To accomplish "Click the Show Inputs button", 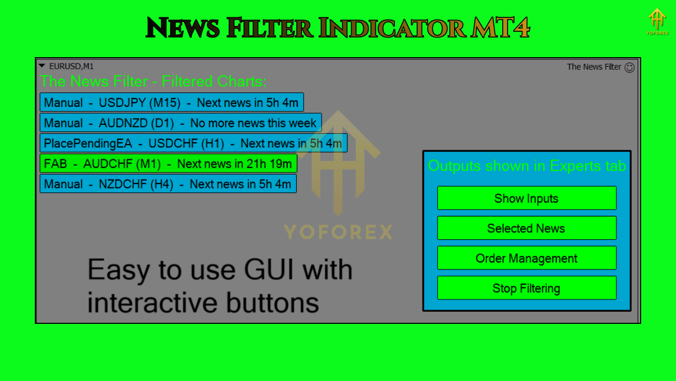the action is [527, 198].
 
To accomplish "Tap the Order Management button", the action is [527, 258].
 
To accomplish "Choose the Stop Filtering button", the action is [527, 288].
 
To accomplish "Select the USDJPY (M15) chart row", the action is [172, 102].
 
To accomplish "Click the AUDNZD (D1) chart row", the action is [181, 122].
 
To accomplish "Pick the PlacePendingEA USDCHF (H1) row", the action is [193, 143].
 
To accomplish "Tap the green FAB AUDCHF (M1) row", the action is [168, 164].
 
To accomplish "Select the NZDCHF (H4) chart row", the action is [168, 184].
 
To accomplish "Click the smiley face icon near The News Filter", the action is [630, 67].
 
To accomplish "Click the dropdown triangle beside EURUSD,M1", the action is [42, 66].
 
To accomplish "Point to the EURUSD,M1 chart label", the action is [71, 66].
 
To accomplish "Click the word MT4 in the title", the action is [500, 28].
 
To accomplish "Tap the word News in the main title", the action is [183, 28].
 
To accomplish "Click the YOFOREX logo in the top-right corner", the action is [658, 22].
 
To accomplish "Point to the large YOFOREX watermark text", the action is [339, 232].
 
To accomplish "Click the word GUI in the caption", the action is [269, 269].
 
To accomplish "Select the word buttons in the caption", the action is [272, 302].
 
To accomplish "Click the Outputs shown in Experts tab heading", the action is [527, 166].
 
